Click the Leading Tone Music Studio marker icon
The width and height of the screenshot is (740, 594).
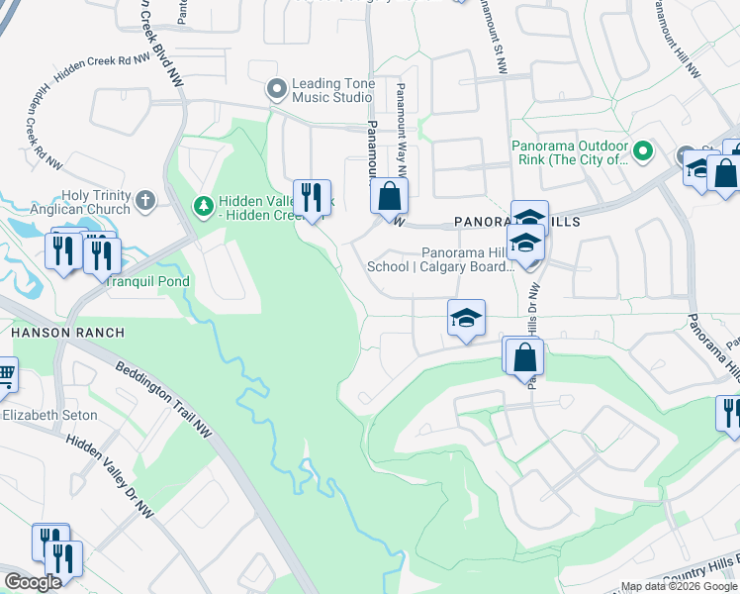[x=277, y=90]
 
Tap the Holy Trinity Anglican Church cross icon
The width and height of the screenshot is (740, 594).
[x=145, y=202]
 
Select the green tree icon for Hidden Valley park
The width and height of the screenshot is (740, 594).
[x=203, y=205]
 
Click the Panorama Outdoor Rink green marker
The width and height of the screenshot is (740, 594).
[x=642, y=152]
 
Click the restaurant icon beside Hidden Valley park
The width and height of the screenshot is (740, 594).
[x=312, y=198]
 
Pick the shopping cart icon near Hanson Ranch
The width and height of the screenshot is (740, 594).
[x=5, y=376]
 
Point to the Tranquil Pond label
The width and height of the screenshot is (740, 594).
[x=148, y=281]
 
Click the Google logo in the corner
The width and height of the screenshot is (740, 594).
[x=33, y=582]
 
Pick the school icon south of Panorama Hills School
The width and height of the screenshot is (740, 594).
[x=466, y=319]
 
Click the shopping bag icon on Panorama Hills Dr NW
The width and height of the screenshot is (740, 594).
[x=526, y=357]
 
